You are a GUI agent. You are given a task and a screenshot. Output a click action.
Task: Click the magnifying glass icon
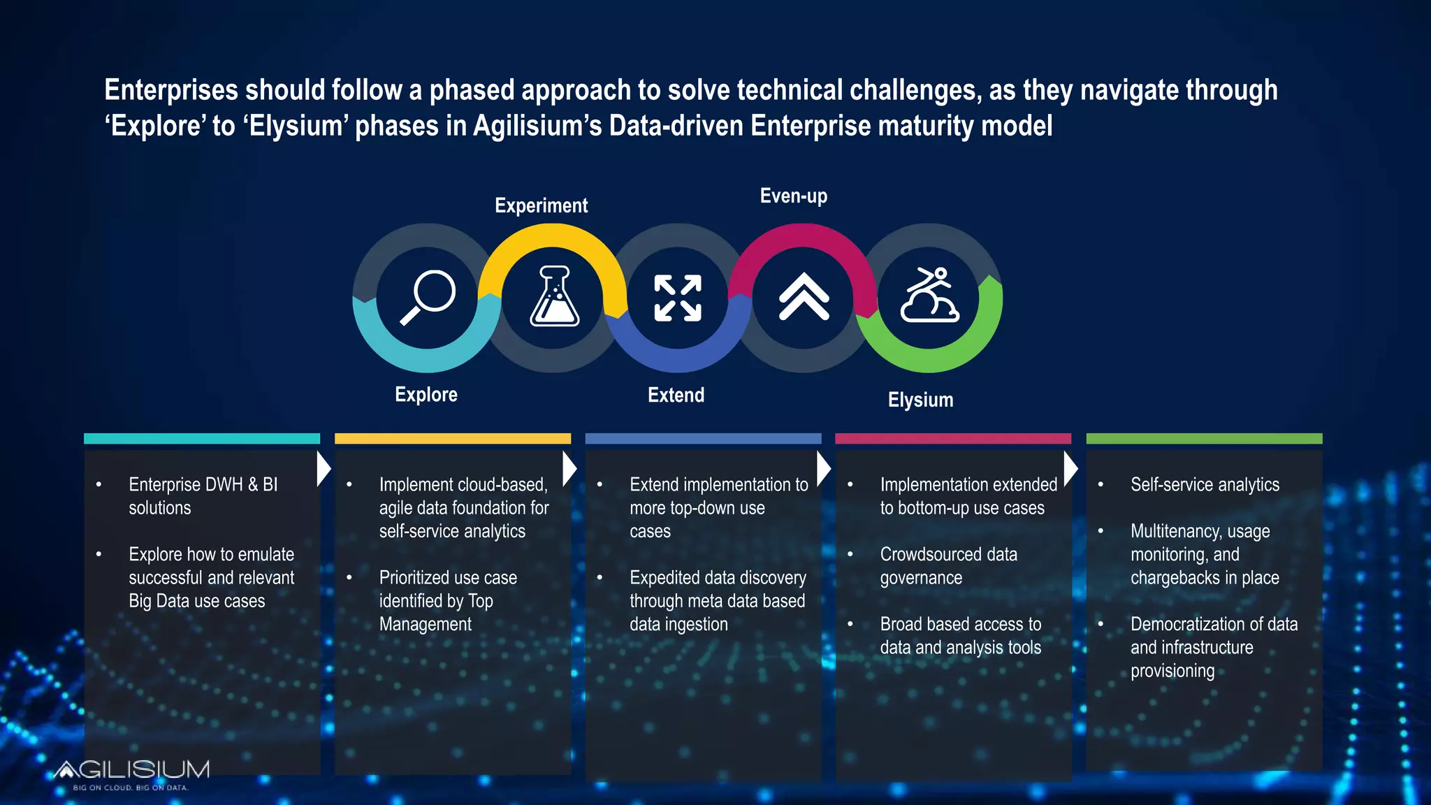pyautogui.click(x=427, y=298)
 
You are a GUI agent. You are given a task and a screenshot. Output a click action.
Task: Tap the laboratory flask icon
pyautogui.click(x=554, y=296)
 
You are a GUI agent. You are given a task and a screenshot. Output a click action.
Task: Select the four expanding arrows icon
pyautogui.click(x=677, y=298)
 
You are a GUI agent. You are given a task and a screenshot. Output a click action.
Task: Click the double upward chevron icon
pyautogui.click(x=804, y=296)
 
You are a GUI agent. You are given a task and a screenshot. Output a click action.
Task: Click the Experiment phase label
pyautogui.click(x=541, y=205)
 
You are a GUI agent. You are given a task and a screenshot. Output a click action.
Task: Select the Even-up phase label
pyautogui.click(x=793, y=196)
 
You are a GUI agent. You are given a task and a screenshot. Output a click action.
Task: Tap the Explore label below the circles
pyautogui.click(x=426, y=394)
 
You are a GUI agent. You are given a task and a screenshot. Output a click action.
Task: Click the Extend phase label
pyautogui.click(x=676, y=395)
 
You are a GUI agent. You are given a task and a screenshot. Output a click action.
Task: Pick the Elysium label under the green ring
pyautogui.click(x=920, y=400)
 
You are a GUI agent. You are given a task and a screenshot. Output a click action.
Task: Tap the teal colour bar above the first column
pyautogui.click(x=202, y=438)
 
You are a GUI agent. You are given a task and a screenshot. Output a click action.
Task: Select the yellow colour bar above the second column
pyautogui.click(x=453, y=438)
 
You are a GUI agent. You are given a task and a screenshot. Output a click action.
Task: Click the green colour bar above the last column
pyautogui.click(x=1204, y=438)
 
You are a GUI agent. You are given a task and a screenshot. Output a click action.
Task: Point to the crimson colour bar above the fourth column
pyautogui.click(x=953, y=438)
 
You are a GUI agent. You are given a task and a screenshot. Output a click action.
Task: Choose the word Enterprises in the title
pyautogui.click(x=171, y=90)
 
